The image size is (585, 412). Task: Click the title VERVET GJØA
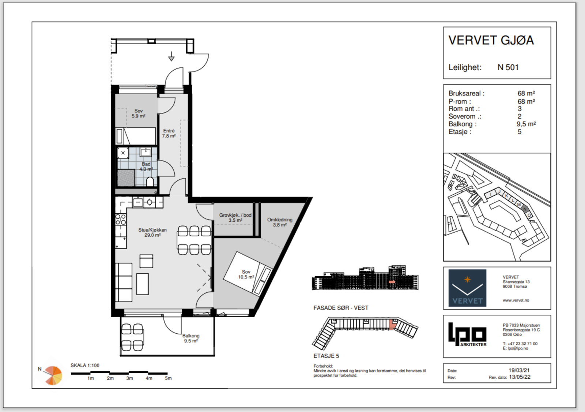tap(491, 40)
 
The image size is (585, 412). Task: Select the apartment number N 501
tap(508, 67)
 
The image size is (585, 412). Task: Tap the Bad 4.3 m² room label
tap(146, 166)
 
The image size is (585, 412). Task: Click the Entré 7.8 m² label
tap(169, 133)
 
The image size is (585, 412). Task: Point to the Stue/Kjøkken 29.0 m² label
tap(152, 232)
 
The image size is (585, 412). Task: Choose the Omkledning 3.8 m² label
tap(280, 222)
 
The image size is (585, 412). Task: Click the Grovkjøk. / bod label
tap(235, 215)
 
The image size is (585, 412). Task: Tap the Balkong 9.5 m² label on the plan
tap(191, 338)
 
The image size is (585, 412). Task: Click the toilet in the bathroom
tap(150, 182)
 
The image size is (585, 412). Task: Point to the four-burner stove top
tap(121, 219)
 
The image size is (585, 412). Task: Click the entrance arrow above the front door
tap(171, 56)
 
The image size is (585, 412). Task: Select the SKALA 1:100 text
tap(85, 366)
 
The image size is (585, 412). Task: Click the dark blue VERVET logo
tap(468, 288)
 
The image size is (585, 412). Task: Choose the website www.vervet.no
tap(516, 300)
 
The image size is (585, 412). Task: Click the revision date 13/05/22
tap(520, 377)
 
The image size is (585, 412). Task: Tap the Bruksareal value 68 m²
tap(526, 93)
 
